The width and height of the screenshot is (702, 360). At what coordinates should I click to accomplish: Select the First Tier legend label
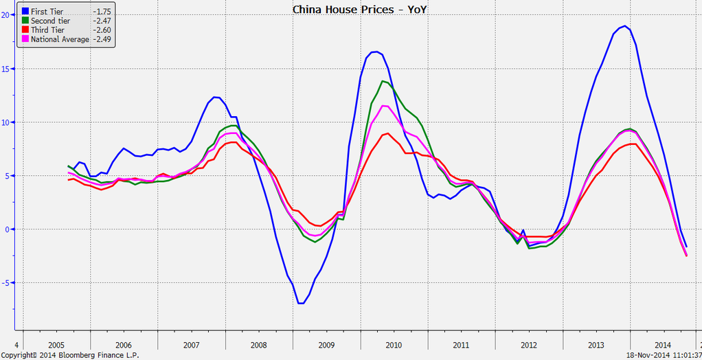tap(47, 12)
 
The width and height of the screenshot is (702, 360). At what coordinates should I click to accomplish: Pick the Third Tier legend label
tap(47, 30)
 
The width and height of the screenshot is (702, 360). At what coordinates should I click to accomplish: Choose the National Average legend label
tap(60, 39)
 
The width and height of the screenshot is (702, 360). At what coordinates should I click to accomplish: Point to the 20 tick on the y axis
tap(8, 15)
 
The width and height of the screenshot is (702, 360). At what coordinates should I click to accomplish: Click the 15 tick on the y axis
tap(8, 69)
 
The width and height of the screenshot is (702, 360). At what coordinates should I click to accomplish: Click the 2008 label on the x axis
tap(258, 345)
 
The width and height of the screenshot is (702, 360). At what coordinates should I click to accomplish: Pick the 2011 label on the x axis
tap(461, 345)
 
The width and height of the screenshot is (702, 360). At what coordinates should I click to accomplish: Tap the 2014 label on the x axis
tap(663, 345)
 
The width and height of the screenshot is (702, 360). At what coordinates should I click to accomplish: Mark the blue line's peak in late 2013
tap(624, 26)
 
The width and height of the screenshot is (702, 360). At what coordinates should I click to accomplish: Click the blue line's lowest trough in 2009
tap(300, 303)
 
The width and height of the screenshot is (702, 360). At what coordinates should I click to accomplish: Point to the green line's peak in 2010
tap(383, 81)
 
